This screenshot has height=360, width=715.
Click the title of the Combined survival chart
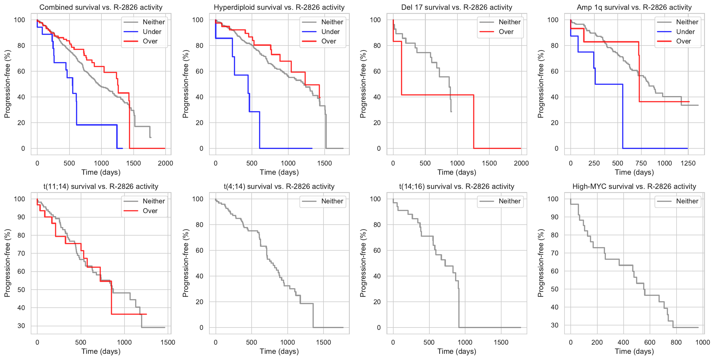[x=101, y=7]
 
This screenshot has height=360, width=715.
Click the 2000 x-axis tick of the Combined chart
[x=165, y=163]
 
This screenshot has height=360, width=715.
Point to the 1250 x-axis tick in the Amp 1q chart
[x=688, y=163]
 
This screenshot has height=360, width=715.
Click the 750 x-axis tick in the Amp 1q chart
[x=641, y=163]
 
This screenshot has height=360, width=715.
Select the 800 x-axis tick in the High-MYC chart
[x=676, y=342]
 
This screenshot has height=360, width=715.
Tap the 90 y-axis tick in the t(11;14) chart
[x=21, y=217]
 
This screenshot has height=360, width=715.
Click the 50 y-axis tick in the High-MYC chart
[x=554, y=289]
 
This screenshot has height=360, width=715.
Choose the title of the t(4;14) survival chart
[x=279, y=187]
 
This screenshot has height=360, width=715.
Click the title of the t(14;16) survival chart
[x=457, y=187]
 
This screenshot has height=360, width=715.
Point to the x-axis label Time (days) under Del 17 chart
[x=457, y=172]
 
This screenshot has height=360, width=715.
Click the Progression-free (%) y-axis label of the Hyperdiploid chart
[x=185, y=84]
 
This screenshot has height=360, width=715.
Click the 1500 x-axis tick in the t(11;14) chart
[x=168, y=342]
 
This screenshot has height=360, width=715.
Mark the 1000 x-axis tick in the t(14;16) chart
[x=465, y=342]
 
